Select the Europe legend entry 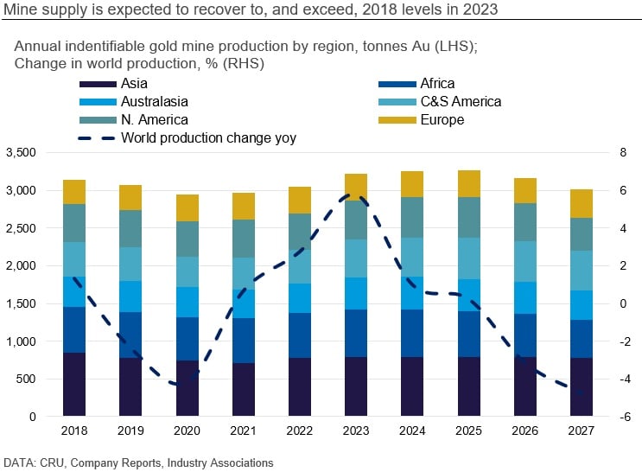(442, 120)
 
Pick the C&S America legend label (460, 102)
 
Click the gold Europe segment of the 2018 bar (74, 192)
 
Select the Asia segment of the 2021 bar (243, 389)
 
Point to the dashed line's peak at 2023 (356, 195)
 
